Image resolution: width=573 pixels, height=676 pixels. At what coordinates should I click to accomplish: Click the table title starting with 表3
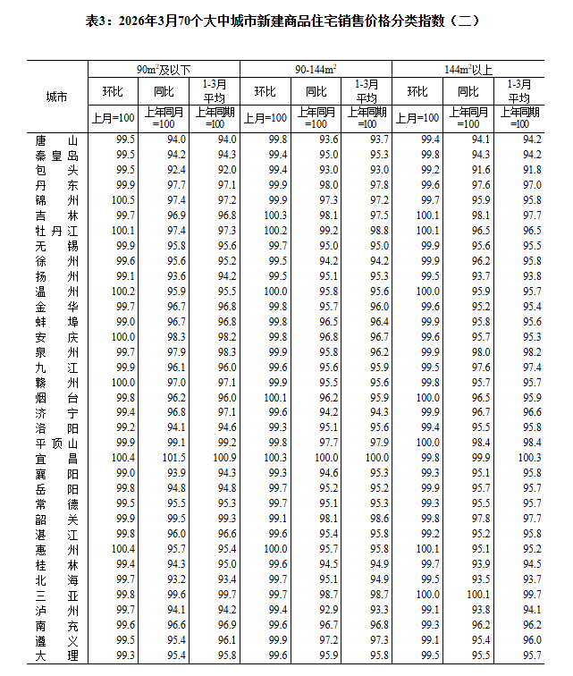point(286,21)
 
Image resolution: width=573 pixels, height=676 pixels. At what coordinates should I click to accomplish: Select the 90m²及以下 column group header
point(164,68)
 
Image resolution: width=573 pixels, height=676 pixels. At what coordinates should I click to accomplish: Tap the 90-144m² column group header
point(316,68)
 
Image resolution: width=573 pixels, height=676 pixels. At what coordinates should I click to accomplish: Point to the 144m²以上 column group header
point(468,68)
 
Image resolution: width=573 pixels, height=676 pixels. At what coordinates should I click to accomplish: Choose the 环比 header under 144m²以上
point(417,90)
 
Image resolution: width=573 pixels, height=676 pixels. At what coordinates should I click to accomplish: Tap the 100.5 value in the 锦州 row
point(124,200)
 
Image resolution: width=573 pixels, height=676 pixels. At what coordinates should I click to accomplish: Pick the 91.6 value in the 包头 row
point(481,170)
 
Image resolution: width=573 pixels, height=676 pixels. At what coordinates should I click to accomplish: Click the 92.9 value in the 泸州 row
point(328,611)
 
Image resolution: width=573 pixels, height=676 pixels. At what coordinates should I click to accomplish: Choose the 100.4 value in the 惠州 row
point(124,550)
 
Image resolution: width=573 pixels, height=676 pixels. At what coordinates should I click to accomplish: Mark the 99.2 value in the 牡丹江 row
point(328,231)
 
